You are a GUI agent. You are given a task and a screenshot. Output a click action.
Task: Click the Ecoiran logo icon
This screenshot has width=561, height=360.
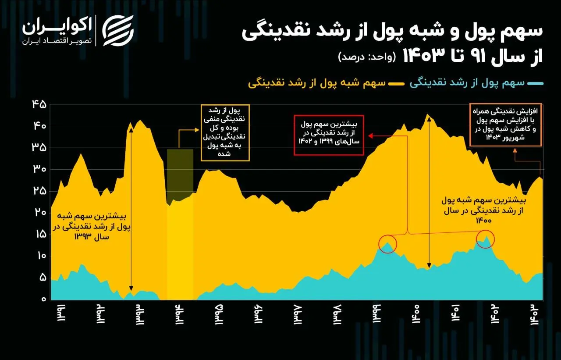point(118,31)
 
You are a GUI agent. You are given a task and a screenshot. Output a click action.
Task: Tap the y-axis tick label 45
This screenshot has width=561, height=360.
point(39,104)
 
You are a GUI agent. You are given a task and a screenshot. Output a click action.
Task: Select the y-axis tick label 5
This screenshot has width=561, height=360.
point(43,278)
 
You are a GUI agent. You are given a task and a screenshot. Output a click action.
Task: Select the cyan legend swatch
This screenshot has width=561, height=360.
point(536,83)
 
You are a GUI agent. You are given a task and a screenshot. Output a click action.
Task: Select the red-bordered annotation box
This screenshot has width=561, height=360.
point(329,135)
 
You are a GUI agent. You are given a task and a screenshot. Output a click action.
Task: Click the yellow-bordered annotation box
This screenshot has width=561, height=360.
point(225,132)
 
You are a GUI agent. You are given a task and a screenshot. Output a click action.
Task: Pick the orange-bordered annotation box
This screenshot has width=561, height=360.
point(506,125)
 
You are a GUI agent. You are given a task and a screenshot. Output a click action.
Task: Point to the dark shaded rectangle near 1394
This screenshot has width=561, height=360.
point(180,171)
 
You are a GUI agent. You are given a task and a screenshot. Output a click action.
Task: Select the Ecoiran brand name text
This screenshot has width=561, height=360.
point(57,26)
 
